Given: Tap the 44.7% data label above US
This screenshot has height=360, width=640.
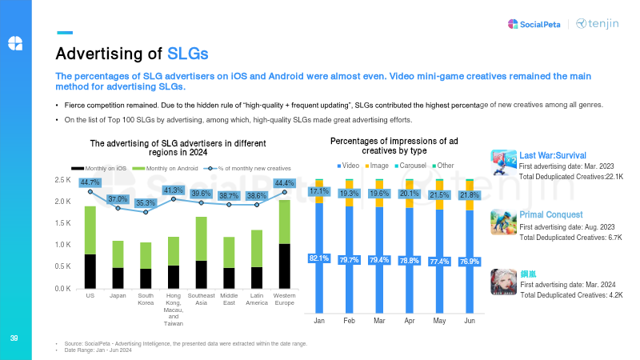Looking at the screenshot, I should click(90, 182).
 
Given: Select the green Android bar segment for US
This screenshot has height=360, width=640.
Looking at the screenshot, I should click(90, 230).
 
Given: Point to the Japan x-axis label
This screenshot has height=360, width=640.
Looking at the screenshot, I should click(118, 295).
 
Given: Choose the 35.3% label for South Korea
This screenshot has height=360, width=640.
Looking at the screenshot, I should click(145, 203).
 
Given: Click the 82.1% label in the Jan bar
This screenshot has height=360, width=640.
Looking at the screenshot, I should click(319, 258).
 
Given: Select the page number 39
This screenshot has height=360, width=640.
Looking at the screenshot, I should click(13, 337).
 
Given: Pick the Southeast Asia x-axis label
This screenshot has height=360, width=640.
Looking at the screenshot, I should click(201, 299).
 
